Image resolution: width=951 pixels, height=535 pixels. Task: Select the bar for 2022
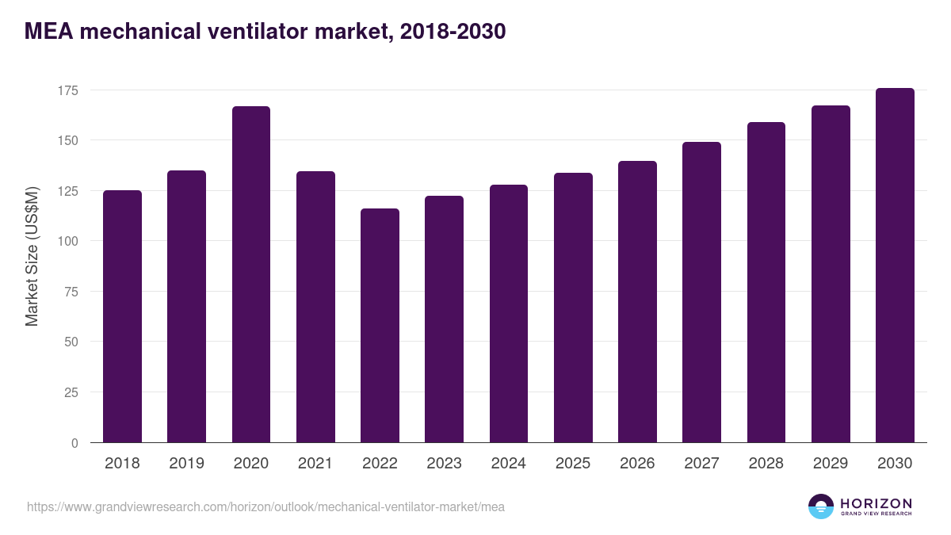(380, 325)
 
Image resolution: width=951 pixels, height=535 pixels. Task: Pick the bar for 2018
(122, 316)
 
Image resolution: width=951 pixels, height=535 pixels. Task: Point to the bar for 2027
(701, 292)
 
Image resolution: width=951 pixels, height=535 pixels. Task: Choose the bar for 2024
(508, 314)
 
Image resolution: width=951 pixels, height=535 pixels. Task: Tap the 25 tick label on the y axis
(71, 392)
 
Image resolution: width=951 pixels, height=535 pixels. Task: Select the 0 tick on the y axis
(74, 443)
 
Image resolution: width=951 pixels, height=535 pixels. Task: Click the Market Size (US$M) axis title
(32, 255)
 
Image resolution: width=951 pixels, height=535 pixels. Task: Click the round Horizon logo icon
(821, 506)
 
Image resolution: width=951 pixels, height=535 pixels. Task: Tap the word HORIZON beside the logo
(876, 503)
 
